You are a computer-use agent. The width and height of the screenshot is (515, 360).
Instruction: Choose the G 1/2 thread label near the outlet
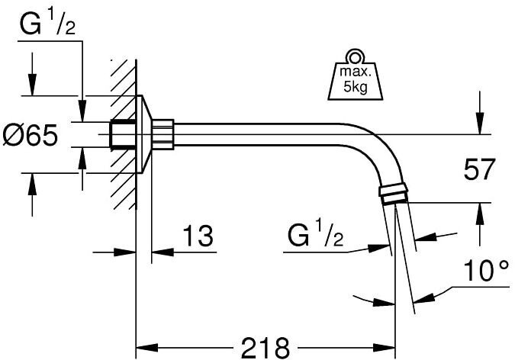coord(315,236)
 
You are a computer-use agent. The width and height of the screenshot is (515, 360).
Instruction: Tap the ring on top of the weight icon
coord(354,57)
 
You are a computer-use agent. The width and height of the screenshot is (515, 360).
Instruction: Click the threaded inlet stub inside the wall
coord(120,134)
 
